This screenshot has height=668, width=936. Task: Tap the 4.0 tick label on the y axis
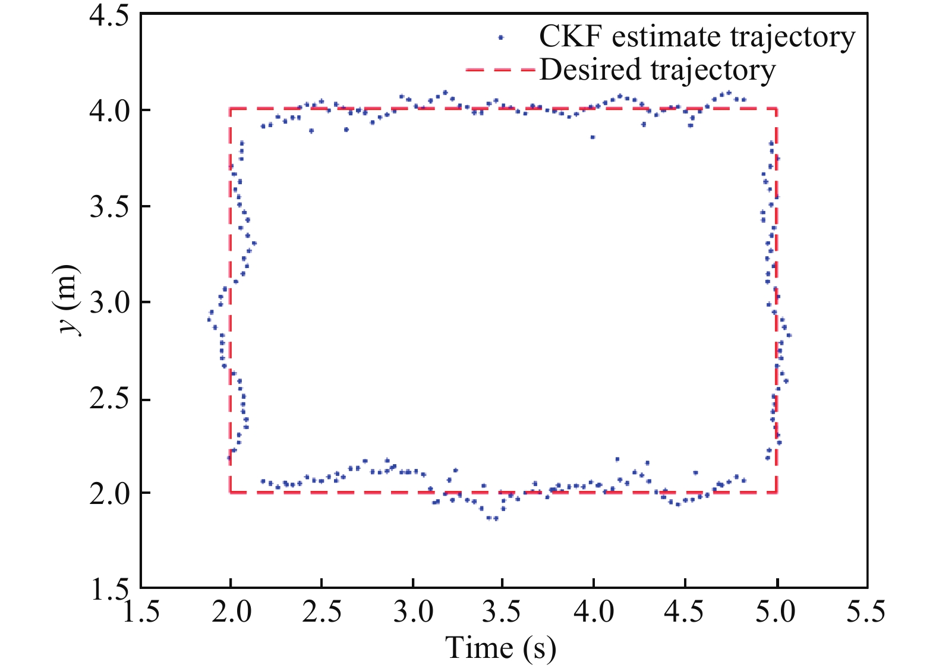[109, 111]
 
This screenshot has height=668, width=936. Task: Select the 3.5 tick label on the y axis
[109, 207]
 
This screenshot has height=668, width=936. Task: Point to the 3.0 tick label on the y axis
[109, 303]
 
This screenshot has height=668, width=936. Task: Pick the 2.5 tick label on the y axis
[109, 399]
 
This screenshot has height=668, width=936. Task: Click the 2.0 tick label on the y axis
[109, 493]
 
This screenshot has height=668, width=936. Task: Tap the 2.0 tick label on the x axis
[231, 611]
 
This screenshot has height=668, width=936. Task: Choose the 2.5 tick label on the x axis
[322, 611]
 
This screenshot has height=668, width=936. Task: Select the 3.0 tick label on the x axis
[412, 611]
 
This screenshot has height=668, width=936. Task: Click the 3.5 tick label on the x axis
[503, 611]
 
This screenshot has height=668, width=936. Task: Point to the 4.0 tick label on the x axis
[594, 611]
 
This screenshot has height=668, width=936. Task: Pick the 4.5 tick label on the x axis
[685, 611]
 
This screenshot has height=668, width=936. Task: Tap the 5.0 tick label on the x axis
[776, 611]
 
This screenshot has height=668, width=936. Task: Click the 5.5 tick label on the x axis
[865, 611]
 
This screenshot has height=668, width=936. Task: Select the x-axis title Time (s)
[501, 648]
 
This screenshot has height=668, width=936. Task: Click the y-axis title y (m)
[70, 300]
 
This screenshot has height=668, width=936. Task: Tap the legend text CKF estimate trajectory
[697, 37]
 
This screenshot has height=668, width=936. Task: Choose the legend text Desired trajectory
[657, 70]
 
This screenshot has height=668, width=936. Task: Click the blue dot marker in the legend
[501, 37]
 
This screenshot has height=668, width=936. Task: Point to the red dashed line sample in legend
[501, 70]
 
